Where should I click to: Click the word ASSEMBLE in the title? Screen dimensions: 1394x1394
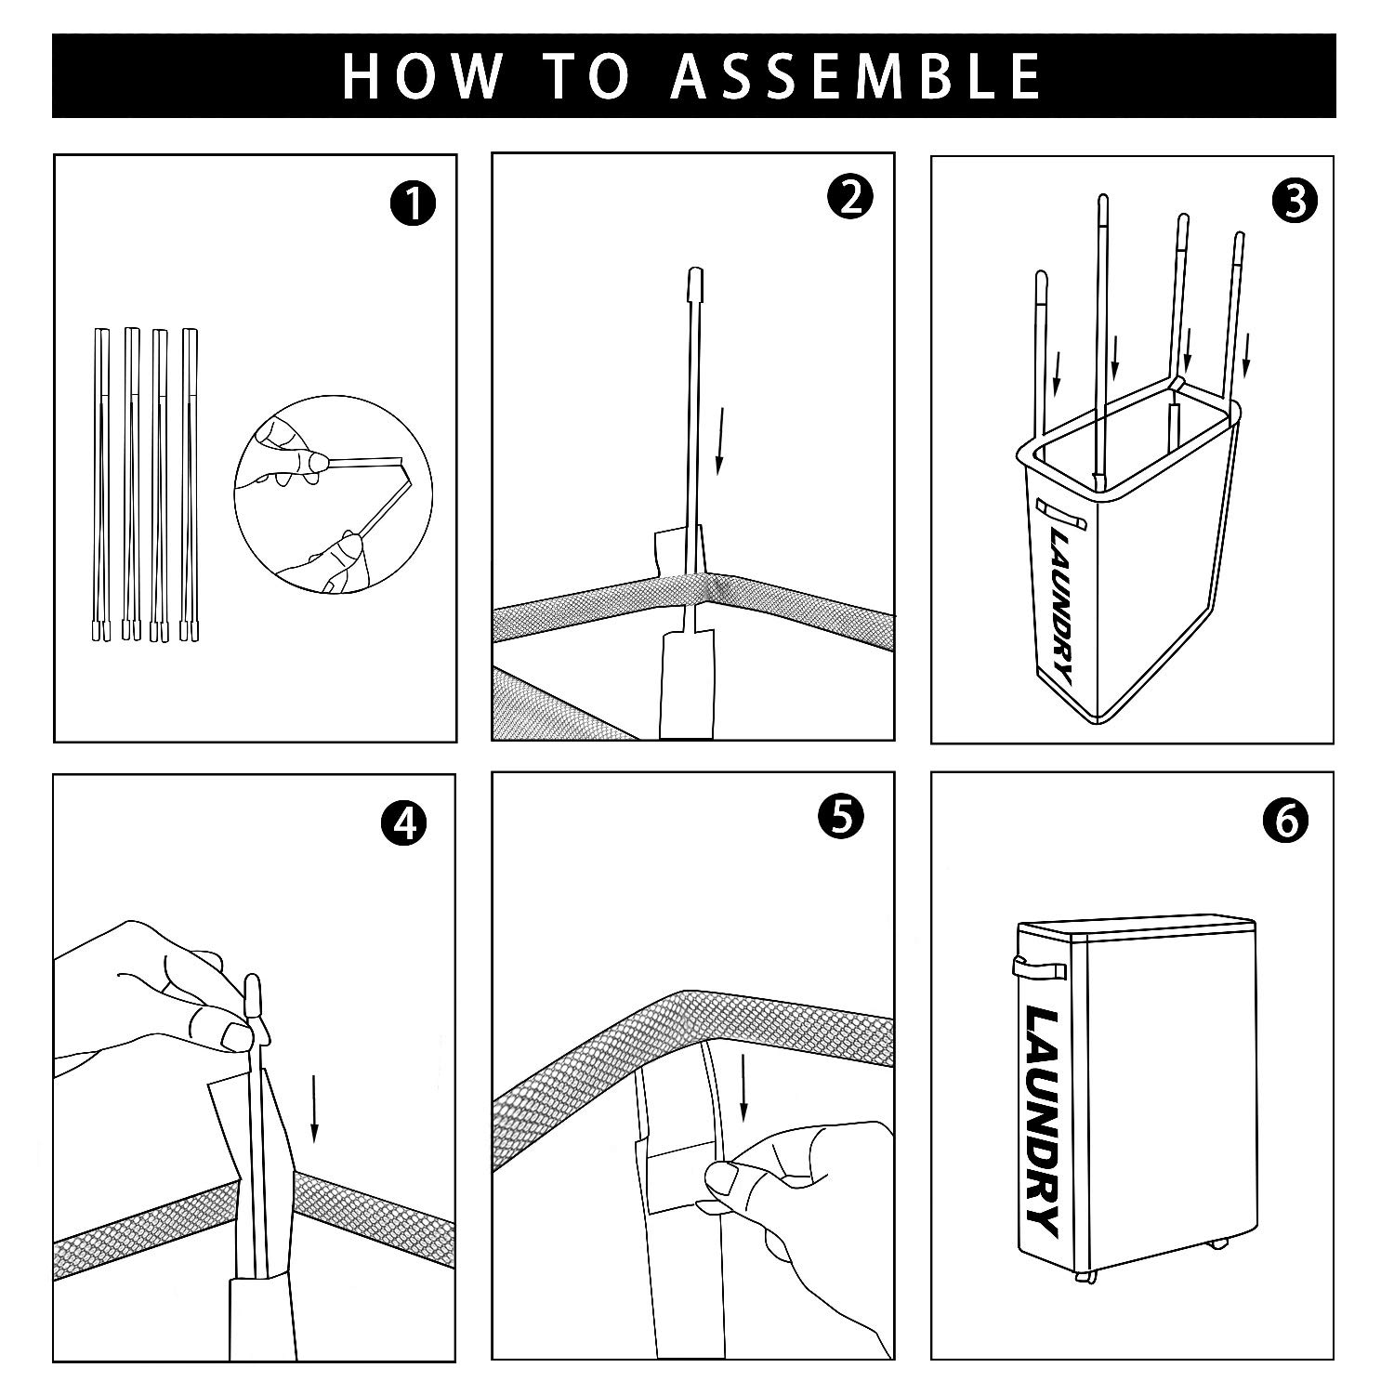click(x=856, y=76)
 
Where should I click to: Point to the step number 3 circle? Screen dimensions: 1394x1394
click(x=1295, y=202)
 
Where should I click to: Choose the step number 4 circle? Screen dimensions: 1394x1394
click(x=403, y=823)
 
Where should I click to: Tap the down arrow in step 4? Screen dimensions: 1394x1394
click(x=315, y=1108)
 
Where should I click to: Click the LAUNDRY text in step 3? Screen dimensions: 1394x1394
click(x=1064, y=607)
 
